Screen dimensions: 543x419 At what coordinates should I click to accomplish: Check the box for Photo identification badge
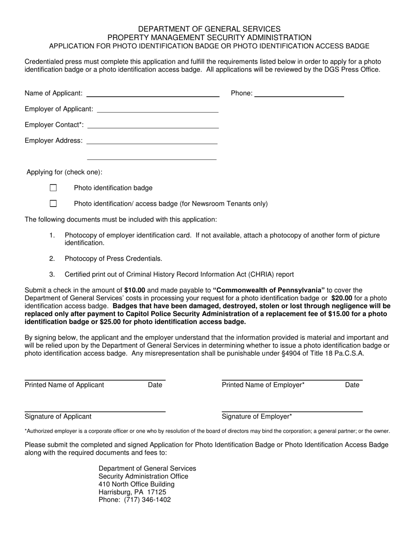click(53, 188)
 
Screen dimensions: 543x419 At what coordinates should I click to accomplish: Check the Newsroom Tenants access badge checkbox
click(53, 204)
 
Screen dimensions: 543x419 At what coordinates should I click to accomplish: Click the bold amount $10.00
click(135, 290)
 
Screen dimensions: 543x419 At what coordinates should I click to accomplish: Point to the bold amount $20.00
click(341, 298)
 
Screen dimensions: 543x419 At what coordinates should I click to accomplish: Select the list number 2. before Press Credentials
click(52, 259)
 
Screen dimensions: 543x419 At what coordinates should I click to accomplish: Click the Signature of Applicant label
click(58, 417)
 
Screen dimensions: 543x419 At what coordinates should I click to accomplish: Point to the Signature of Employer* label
click(257, 417)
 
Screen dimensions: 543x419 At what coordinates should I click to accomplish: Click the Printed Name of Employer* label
click(263, 385)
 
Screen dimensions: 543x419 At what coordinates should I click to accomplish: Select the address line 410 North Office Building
click(136, 484)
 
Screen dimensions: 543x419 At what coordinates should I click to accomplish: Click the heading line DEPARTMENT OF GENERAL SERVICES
click(209, 30)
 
